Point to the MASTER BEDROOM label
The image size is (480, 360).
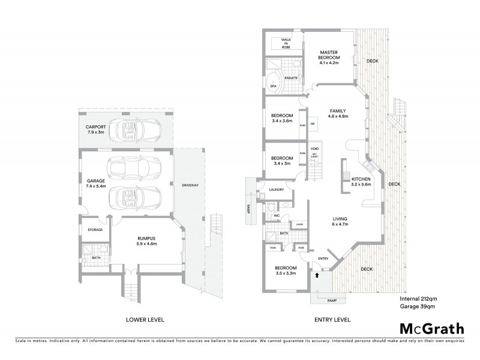coord(329,54)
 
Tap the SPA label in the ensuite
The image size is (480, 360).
coord(273,86)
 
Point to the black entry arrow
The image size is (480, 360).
coord(317,275)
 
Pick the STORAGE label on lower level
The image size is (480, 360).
coord(95,230)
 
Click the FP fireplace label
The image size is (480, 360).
coord(313,125)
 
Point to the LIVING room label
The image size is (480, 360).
coord(341,220)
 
